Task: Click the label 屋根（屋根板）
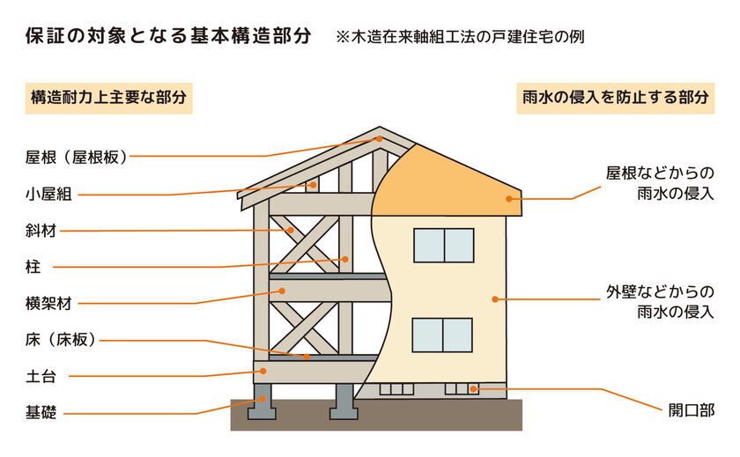[x=77, y=157]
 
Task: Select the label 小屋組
[x=48, y=194]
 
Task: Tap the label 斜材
[x=41, y=231]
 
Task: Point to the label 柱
[x=33, y=267]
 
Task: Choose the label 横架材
[x=48, y=303]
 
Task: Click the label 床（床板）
[x=62, y=340]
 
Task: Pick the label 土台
[x=41, y=376]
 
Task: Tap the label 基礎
[x=41, y=413]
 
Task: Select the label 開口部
[x=692, y=410]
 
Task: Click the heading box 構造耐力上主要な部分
[x=109, y=98]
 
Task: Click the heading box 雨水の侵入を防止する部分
[x=616, y=98]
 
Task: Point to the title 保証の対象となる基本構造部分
[x=168, y=36]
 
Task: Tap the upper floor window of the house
[x=444, y=246]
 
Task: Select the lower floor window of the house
[x=442, y=335]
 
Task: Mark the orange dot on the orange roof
[x=509, y=199]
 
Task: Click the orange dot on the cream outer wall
[x=494, y=299]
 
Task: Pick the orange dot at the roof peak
[x=379, y=139]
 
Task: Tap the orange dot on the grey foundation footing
[x=263, y=399]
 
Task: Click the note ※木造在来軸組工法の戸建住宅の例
[x=460, y=37]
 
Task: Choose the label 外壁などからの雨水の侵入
[x=660, y=302]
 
